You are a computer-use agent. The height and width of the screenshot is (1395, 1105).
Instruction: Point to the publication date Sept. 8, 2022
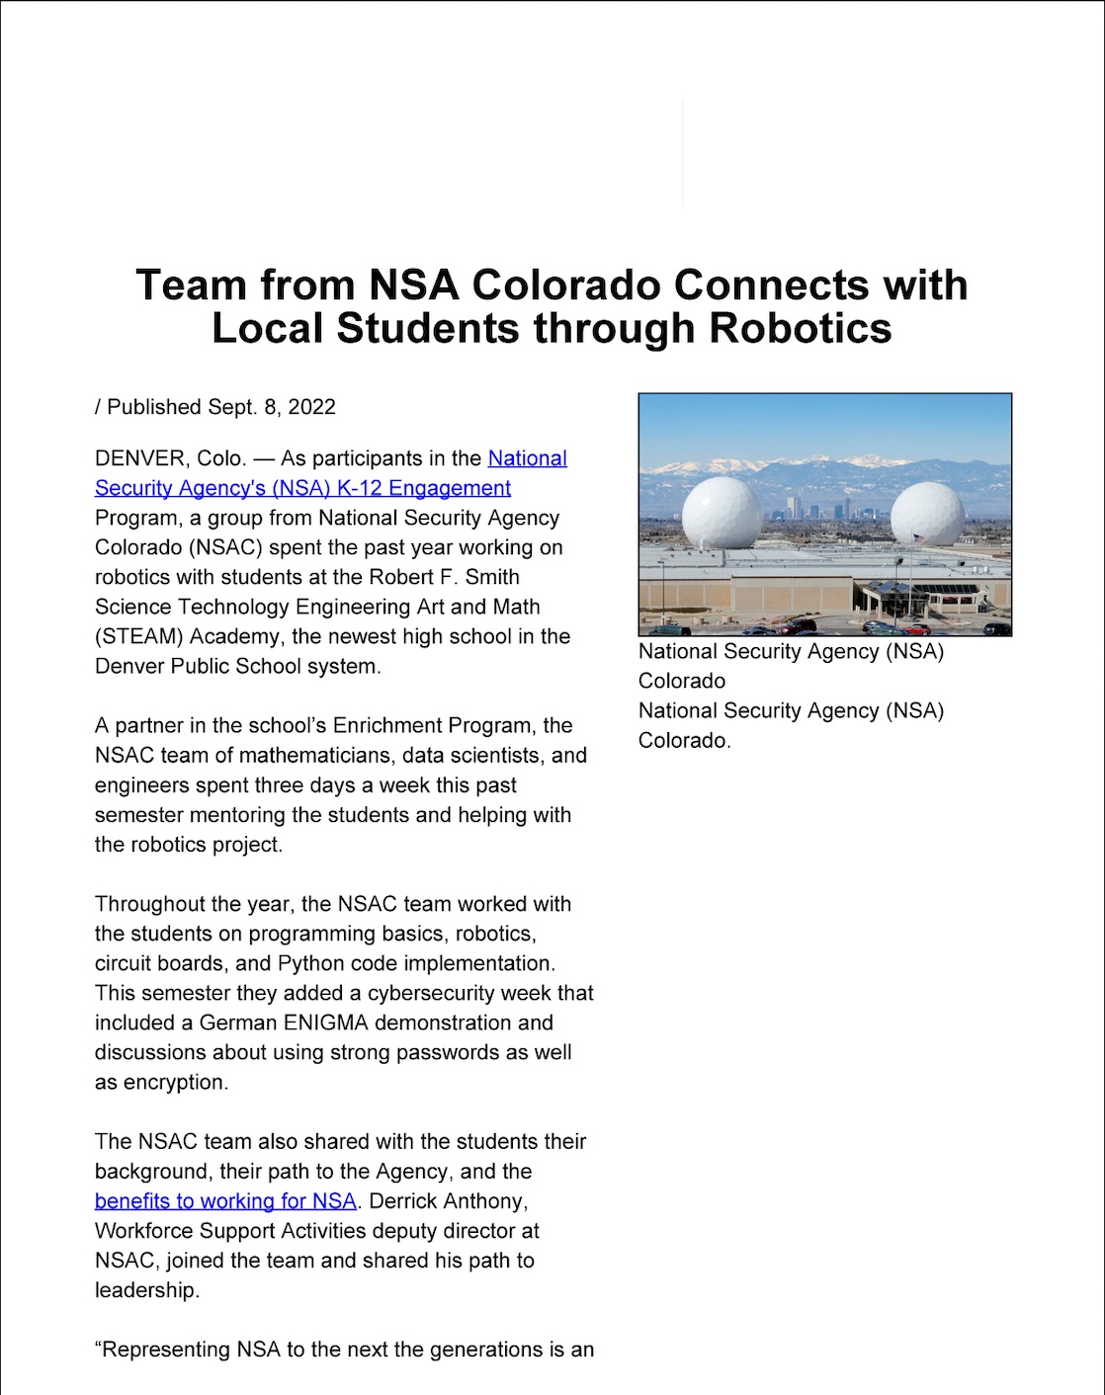271,407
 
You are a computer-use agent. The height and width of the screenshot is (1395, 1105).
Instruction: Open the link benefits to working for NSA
225,1201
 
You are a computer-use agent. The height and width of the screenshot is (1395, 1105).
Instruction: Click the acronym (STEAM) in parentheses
138,636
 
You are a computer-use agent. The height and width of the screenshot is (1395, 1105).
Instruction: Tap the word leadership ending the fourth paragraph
146,1290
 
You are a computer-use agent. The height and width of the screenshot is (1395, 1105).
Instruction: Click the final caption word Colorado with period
684,741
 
